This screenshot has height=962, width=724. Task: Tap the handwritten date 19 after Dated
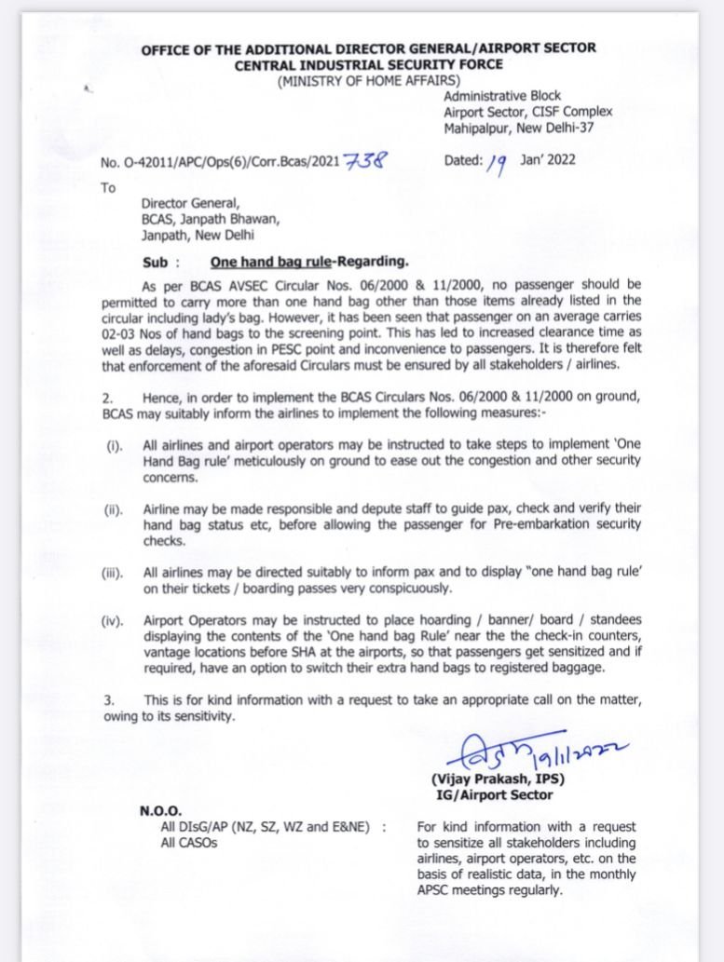point(496,164)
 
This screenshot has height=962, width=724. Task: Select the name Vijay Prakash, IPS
point(498,779)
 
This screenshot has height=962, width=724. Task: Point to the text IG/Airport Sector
point(494,794)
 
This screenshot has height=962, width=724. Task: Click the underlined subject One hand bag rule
point(271,264)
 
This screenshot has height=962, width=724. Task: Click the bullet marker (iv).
point(113,620)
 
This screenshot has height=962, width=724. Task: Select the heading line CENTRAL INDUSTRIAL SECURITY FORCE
point(368,64)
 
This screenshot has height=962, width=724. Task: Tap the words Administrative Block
point(502,96)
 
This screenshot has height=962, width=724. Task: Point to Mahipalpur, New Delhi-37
point(518,128)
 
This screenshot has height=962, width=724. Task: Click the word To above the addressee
point(109,187)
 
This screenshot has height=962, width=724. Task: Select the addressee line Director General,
point(191,205)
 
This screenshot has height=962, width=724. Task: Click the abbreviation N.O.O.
point(161,811)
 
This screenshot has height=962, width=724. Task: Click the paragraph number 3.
point(109,699)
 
